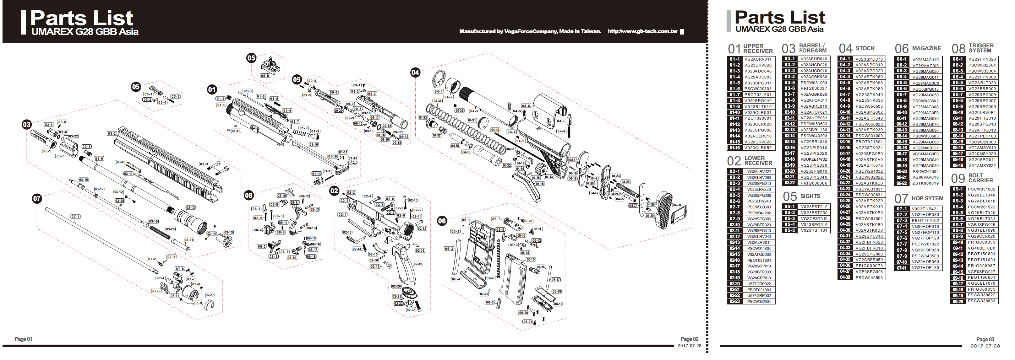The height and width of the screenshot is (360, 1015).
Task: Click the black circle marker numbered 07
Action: [37, 198]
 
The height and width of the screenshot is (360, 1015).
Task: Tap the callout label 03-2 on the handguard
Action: [112, 133]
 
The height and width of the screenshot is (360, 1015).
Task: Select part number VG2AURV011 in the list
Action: [758, 59]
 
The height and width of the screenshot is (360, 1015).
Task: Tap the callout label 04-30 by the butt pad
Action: [677, 205]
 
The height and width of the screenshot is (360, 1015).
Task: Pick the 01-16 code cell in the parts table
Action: [734, 148]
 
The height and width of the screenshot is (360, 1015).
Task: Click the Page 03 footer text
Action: [985, 339]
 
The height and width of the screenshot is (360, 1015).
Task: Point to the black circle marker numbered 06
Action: [442, 221]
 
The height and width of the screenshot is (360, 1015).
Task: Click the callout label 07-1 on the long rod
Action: [76, 217]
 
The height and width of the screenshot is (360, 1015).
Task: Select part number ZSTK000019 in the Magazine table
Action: [925, 183]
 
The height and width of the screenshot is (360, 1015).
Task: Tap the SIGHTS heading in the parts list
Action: [810, 196]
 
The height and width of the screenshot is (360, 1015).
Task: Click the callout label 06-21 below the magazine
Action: [527, 322]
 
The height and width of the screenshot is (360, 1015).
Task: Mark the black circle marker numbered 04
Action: [415, 72]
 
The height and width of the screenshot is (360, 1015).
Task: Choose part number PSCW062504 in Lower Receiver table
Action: [759, 301]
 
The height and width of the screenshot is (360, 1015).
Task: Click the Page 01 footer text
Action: [24, 339]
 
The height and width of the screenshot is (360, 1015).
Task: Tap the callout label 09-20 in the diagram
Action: [338, 111]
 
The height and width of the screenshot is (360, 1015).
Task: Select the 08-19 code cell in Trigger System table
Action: [958, 165]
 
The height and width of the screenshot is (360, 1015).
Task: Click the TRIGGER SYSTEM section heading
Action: [981, 48]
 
